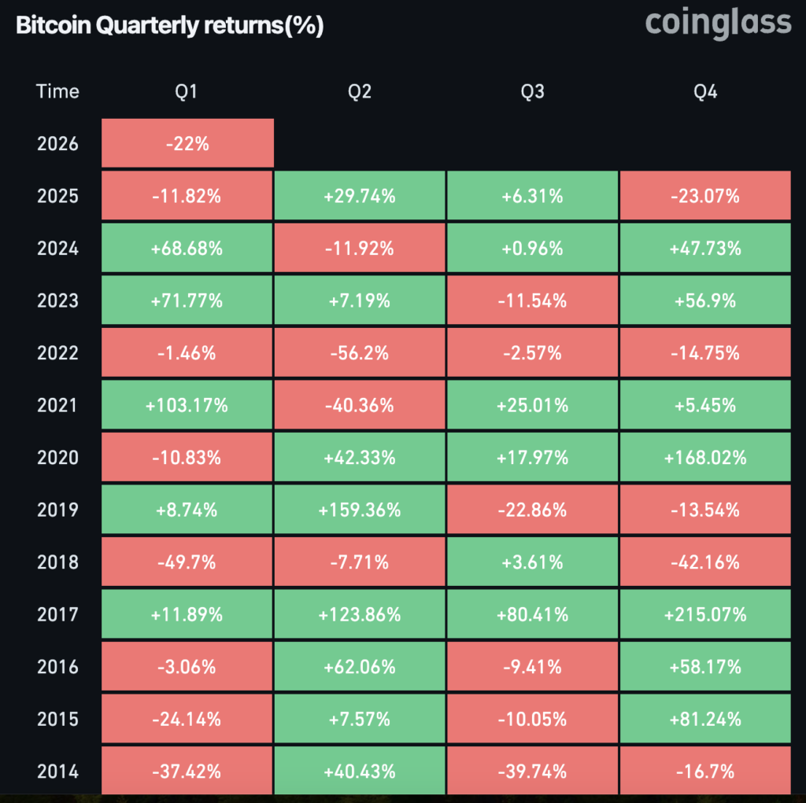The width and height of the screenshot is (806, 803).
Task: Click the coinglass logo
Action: tap(718, 23)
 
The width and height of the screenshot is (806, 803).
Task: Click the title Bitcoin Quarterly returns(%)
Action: tap(169, 25)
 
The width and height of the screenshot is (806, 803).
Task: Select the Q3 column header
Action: tap(532, 92)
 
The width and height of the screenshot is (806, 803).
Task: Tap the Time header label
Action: tap(57, 92)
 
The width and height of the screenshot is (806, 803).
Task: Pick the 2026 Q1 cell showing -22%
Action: tap(187, 144)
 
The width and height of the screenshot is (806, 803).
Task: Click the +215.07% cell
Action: tap(705, 614)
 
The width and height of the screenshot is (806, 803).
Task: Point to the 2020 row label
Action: tap(57, 457)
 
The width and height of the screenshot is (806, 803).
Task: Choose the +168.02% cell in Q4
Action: tap(705, 457)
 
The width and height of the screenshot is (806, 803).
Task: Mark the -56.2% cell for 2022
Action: tap(360, 352)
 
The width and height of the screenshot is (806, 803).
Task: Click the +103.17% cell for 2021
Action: tap(187, 405)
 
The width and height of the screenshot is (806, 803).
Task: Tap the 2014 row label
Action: tap(57, 772)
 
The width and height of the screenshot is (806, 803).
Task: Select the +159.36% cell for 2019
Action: tap(360, 510)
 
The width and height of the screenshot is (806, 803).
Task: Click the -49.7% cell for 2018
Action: tap(187, 562)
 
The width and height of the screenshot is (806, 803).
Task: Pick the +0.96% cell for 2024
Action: tap(532, 249)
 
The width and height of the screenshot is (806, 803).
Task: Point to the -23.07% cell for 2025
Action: tap(705, 196)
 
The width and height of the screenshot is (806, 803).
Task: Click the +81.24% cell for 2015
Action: tap(705, 719)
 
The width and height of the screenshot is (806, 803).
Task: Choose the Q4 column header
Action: tap(705, 92)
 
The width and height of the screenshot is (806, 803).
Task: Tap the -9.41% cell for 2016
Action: tap(532, 667)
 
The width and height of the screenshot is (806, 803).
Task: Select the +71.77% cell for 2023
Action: tap(187, 300)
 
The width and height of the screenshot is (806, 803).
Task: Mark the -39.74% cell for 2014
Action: tap(532, 772)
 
